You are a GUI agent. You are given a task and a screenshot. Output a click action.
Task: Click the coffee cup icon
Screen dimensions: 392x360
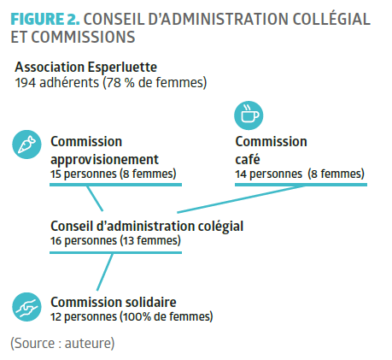[x=249, y=115]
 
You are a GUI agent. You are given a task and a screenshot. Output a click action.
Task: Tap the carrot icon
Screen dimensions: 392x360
[x=26, y=145]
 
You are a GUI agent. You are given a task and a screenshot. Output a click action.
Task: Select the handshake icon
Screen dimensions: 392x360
[x=26, y=307]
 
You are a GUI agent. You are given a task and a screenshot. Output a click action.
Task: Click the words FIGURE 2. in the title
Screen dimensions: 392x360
[x=45, y=19]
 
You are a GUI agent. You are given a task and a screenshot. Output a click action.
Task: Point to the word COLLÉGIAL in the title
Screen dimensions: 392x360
[x=331, y=19]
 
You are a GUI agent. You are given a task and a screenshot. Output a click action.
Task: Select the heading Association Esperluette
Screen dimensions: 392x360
[x=85, y=68]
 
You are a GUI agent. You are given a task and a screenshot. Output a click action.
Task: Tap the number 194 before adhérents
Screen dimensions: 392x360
[x=26, y=83]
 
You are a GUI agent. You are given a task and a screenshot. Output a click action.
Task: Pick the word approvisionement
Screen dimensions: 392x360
[x=104, y=160]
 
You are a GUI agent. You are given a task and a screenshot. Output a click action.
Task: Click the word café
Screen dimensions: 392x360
[x=248, y=159]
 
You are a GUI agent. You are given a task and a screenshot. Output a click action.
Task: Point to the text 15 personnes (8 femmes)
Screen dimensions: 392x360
[x=114, y=174]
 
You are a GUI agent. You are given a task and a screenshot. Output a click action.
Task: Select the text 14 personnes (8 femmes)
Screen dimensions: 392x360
[x=300, y=174]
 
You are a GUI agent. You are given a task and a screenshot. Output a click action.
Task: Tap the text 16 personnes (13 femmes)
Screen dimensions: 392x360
[x=115, y=240]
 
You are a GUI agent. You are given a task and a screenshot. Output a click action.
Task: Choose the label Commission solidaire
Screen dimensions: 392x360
[x=114, y=302]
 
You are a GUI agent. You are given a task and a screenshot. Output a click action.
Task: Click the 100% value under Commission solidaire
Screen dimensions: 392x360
[x=137, y=316]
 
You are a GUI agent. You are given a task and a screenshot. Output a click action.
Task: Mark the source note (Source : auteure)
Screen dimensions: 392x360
[x=62, y=343]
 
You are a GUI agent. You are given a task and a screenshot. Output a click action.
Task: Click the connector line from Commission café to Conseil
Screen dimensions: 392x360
[x=241, y=199]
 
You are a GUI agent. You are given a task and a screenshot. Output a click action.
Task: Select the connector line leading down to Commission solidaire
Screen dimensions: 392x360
[x=105, y=272]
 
